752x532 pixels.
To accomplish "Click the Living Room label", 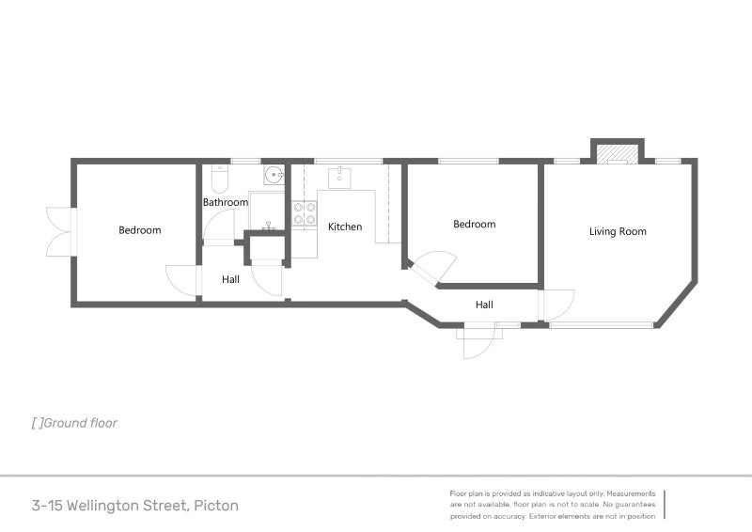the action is [618, 231].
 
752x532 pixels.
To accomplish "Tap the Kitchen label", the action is [345, 227].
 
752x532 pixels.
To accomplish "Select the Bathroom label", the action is [226, 202].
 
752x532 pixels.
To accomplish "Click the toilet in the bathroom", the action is [219, 179].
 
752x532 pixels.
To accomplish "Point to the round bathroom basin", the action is [274, 175].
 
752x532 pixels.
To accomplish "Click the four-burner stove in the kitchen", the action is [305, 213].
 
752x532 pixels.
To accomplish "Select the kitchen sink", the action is [339, 178].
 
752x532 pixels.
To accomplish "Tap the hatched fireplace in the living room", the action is [618, 154].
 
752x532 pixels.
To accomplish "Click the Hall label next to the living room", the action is [484, 305].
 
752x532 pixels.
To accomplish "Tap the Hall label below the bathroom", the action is [230, 279].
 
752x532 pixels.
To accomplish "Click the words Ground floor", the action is [80, 423].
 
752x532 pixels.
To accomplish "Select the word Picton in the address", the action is [216, 506].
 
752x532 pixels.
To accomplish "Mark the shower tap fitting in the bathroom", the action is [269, 225].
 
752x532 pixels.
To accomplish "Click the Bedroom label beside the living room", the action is [475, 224].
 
